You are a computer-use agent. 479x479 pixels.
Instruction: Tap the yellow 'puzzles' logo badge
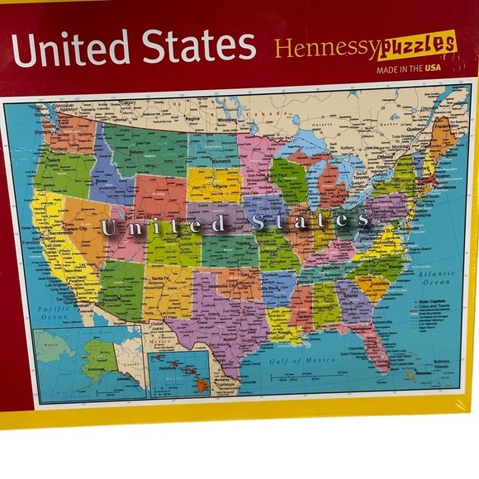417,46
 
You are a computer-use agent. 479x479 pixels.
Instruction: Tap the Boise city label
106,183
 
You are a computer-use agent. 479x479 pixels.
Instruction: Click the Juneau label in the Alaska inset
127,372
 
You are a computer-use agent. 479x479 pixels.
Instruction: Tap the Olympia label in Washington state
42,130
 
